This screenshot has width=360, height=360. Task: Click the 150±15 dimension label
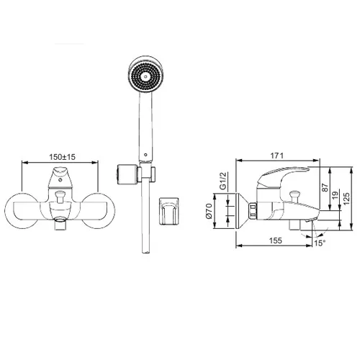[62, 157]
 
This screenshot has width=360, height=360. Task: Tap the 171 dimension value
[277, 156]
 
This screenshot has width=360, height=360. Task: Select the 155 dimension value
[275, 240]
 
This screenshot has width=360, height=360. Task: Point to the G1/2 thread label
[223, 181]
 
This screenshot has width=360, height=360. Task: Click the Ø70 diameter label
[209, 211]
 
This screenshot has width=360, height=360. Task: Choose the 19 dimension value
[336, 194]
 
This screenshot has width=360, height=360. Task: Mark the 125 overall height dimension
[346, 198]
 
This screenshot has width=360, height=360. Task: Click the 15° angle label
[320, 243]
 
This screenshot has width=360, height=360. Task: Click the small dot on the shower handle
[145, 155]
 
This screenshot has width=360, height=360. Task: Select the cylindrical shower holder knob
[127, 174]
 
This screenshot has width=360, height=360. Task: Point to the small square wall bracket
[169, 211]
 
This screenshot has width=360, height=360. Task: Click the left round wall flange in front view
[22, 211]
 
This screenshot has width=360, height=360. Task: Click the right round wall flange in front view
[98, 211]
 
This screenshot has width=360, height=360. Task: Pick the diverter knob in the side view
[294, 194]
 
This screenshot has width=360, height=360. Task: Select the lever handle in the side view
[283, 176]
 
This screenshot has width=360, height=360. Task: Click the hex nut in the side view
[253, 210]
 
